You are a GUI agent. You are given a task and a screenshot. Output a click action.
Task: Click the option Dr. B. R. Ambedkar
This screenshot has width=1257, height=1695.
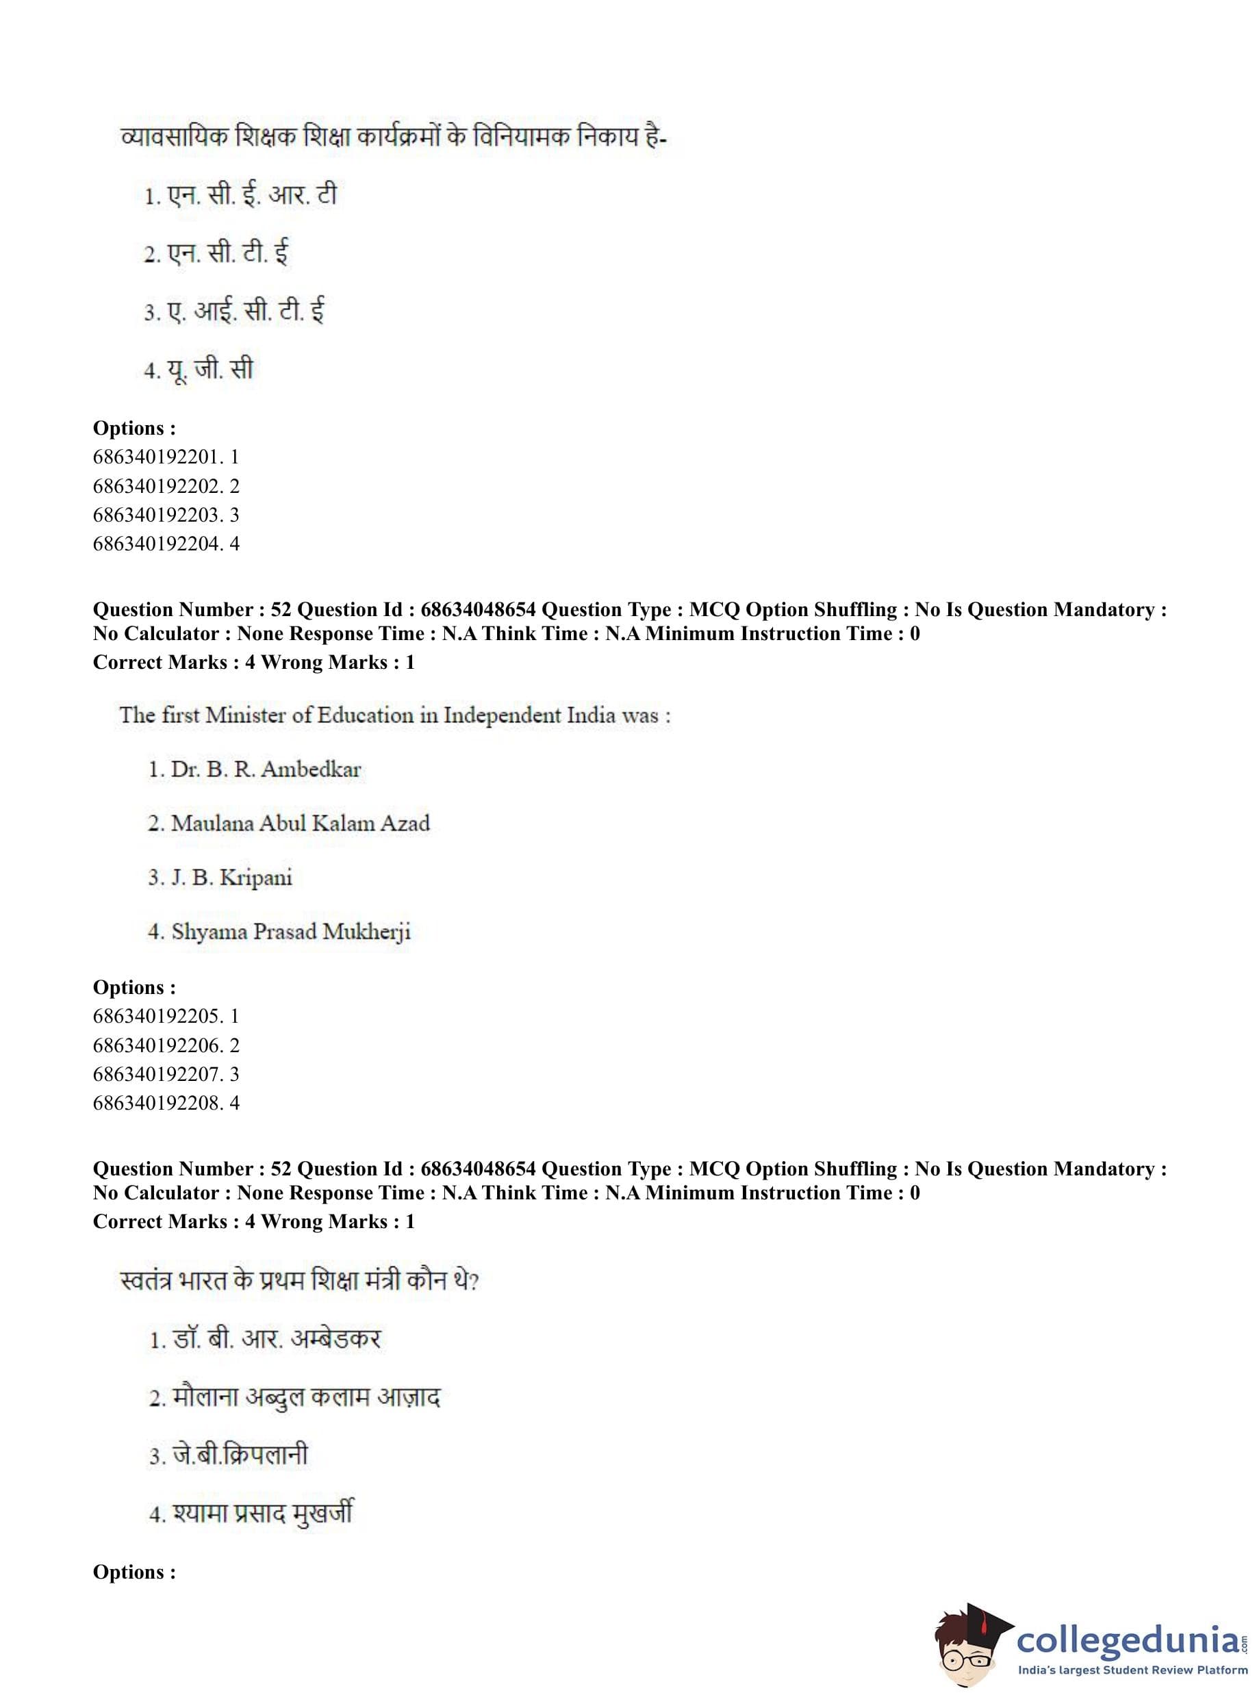tap(254, 769)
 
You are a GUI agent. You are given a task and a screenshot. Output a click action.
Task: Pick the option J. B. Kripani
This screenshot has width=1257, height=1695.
tap(220, 877)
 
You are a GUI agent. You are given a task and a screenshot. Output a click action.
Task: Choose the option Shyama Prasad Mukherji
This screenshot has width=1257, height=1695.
tap(279, 931)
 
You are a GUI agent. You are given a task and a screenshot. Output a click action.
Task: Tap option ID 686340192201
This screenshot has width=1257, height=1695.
tap(166, 457)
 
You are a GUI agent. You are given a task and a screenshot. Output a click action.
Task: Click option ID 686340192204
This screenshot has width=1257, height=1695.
tap(166, 544)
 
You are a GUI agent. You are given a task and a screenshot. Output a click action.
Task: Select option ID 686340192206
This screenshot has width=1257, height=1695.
tap(166, 1045)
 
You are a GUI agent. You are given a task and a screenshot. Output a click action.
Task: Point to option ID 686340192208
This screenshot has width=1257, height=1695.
tap(166, 1103)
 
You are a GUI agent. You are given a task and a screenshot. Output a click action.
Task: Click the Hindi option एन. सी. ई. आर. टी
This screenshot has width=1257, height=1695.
tap(240, 196)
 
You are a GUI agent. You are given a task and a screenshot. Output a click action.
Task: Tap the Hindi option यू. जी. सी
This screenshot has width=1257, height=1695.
tap(199, 370)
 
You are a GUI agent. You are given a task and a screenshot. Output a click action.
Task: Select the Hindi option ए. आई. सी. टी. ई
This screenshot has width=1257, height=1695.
tap(234, 312)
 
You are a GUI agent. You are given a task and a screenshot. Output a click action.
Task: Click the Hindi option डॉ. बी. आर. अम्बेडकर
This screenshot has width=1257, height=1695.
tap(266, 1339)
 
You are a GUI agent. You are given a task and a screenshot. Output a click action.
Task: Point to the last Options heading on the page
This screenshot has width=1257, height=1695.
tap(134, 1572)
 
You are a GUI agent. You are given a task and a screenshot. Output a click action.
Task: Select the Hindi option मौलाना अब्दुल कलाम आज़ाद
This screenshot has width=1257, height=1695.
tap(295, 1397)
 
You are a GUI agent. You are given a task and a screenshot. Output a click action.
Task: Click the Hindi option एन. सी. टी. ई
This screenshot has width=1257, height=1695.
tap(217, 254)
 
